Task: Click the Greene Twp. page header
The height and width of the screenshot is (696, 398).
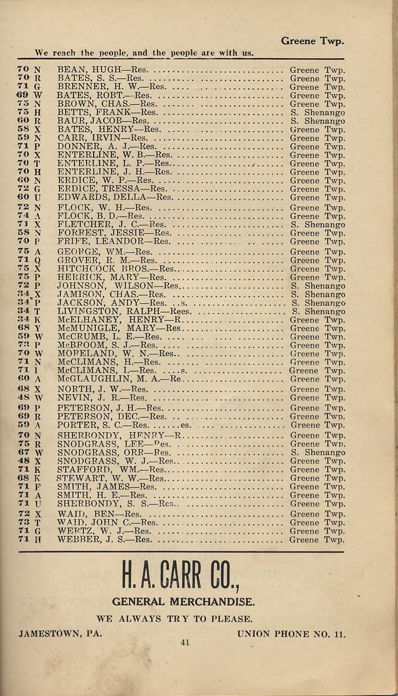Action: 312,40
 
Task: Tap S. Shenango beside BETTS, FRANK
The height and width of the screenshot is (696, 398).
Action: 317,113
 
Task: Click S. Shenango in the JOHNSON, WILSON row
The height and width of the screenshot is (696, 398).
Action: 317,286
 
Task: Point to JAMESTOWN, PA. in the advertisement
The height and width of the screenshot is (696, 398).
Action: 61,633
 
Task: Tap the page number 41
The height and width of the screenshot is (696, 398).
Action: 185,643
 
